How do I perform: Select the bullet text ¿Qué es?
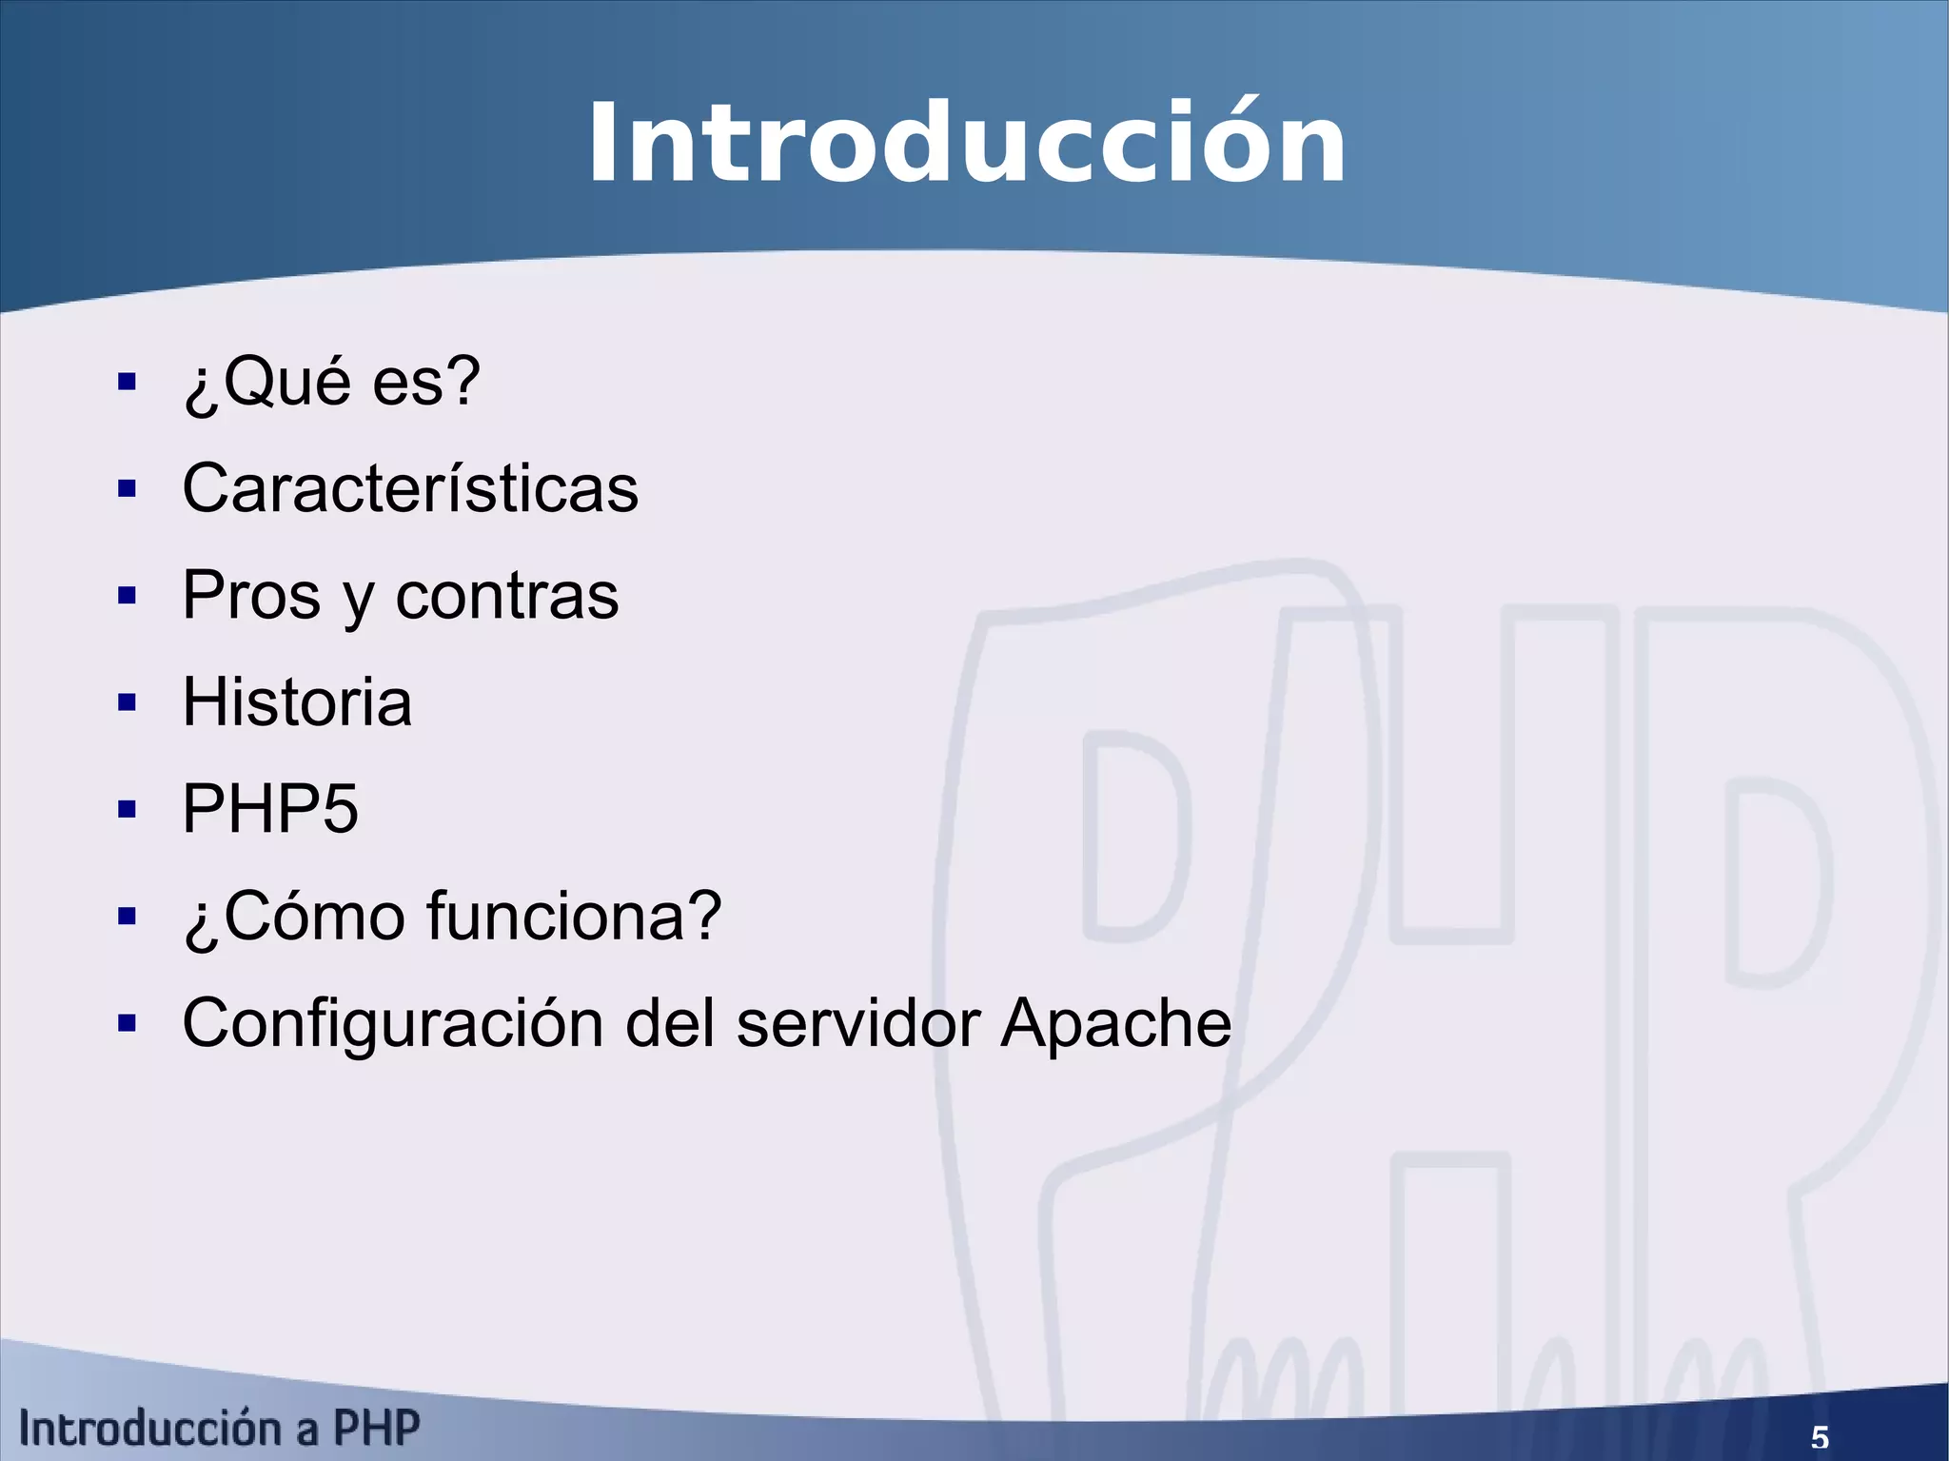tap(331, 382)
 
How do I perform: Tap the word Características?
tap(410, 488)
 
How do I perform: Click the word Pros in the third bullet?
tap(251, 596)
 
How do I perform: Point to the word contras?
tap(506, 596)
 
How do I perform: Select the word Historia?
tap(297, 702)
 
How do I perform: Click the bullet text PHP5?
tap(270, 809)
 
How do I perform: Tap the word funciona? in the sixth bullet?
tap(574, 916)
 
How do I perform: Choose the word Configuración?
tap(393, 1023)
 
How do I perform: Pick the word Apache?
tap(1115, 1023)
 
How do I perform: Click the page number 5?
tap(1819, 1437)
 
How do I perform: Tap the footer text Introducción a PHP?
tap(220, 1429)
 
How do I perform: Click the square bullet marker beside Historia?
tap(127, 703)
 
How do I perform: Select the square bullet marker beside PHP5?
tap(127, 810)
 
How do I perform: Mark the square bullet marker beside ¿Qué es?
tap(127, 383)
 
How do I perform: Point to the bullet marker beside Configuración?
tap(127, 1024)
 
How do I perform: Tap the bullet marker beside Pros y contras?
tap(127, 597)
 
